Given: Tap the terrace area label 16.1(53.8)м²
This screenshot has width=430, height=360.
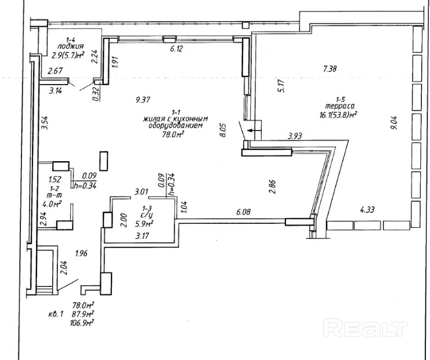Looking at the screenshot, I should (337, 115).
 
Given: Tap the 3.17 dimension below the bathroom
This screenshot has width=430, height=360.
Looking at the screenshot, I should (142, 236).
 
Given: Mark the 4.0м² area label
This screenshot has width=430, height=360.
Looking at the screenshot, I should (55, 203).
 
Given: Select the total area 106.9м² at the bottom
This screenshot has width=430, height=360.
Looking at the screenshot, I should (82, 322).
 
